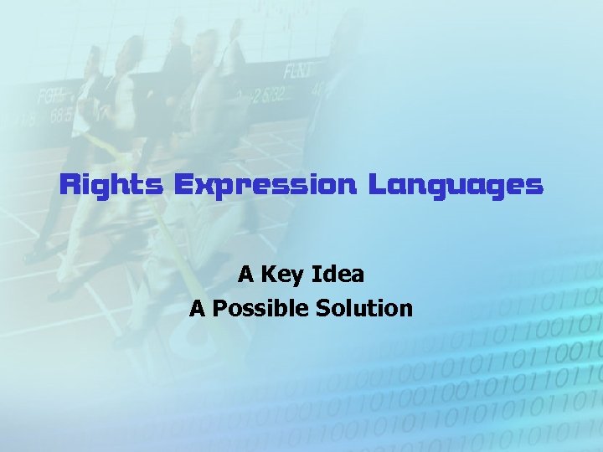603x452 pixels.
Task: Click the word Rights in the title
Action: point(111,185)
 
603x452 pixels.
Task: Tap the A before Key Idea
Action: point(245,274)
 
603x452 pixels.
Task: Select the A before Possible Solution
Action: point(198,309)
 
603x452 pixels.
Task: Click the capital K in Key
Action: point(270,274)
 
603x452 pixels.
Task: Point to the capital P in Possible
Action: point(219,309)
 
